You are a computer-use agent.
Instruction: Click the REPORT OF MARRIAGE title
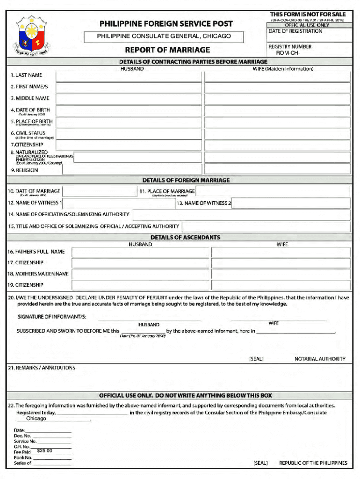point(167,50)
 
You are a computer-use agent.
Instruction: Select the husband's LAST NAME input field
point(129,76)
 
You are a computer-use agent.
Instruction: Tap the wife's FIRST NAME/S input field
point(277,87)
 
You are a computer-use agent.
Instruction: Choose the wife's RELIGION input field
point(277,169)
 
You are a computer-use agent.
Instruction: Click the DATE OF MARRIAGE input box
point(100,191)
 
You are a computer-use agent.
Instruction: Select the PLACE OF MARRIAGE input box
point(272,191)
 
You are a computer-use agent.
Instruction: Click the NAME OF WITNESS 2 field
point(290,203)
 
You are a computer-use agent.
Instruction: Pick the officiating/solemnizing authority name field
point(241,215)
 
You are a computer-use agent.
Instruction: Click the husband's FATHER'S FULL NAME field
point(140,252)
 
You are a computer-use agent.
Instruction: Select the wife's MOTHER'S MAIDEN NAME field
point(281,274)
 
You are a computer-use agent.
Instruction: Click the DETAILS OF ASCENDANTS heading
point(185,238)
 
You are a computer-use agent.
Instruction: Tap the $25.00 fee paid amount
point(44,451)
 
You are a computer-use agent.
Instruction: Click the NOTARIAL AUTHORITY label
point(320,359)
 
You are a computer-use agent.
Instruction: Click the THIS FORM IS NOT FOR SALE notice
point(308,15)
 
